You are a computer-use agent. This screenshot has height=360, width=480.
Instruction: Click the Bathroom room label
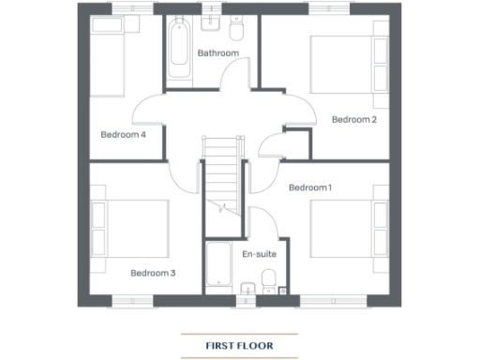(x=217, y=53)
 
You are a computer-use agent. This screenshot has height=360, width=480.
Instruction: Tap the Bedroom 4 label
(x=123, y=134)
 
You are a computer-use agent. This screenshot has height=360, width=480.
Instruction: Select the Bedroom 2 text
(x=353, y=119)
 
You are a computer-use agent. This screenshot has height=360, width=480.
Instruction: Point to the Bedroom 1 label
(x=309, y=187)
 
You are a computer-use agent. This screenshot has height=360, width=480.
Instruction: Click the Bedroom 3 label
(x=153, y=273)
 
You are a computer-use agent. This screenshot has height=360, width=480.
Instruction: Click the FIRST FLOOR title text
(x=239, y=345)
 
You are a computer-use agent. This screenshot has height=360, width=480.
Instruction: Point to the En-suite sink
(x=246, y=289)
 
